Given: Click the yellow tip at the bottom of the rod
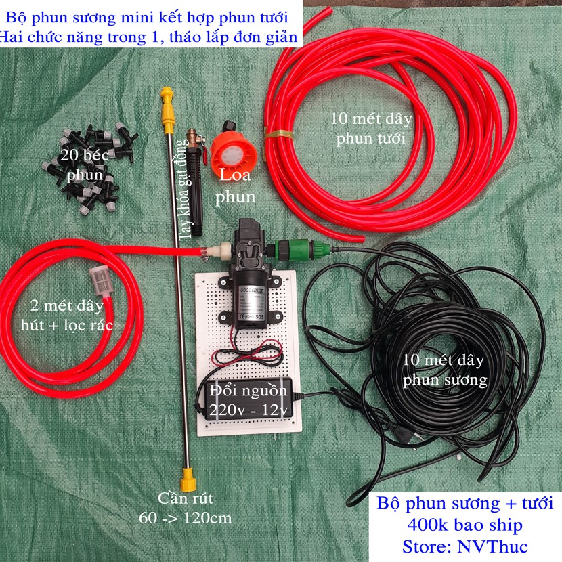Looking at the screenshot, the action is tap(188, 480).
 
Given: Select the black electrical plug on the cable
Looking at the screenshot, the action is tap(402, 433).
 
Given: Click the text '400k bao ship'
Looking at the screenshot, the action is tap(464, 525).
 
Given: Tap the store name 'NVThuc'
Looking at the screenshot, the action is tap(492, 546).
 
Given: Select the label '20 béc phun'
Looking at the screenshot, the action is tap(85, 165).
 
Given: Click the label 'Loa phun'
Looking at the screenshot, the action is tap(235, 186).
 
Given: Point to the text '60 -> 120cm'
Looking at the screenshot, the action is tap(186, 518).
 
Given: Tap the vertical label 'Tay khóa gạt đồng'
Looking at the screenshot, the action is tap(184, 189).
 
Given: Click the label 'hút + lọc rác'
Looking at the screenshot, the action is tap(67, 326).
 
